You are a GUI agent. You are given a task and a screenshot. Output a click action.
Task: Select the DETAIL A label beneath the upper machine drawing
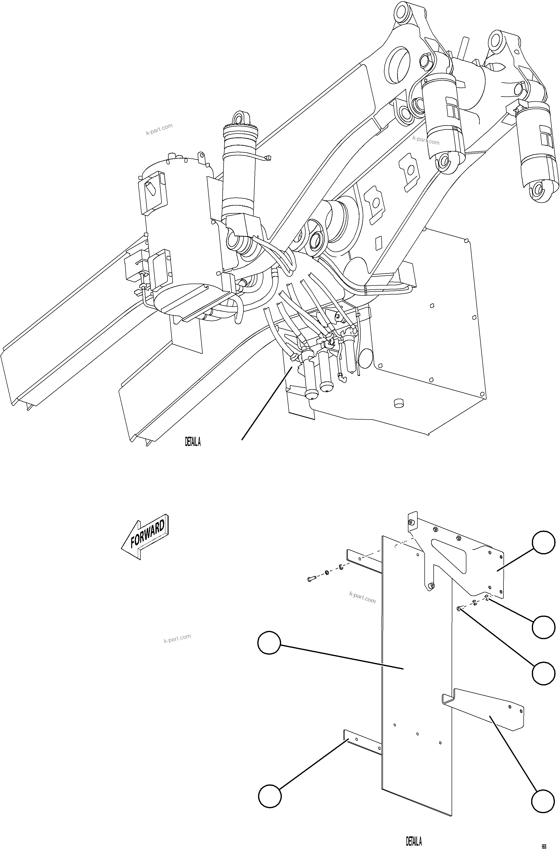click(193, 442)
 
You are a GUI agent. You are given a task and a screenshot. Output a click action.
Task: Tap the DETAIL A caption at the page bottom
click(414, 841)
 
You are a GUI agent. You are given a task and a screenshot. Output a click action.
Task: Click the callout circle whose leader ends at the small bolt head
click(543, 673)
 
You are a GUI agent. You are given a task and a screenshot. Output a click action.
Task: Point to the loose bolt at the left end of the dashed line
click(310, 579)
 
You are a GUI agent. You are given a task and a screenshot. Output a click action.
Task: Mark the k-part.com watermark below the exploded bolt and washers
click(362, 597)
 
